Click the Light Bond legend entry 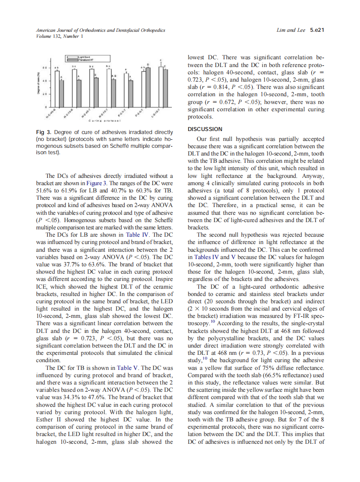[82, 57]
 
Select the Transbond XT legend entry [82, 61]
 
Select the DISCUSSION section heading [205, 129]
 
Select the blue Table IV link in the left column [134, 235]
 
